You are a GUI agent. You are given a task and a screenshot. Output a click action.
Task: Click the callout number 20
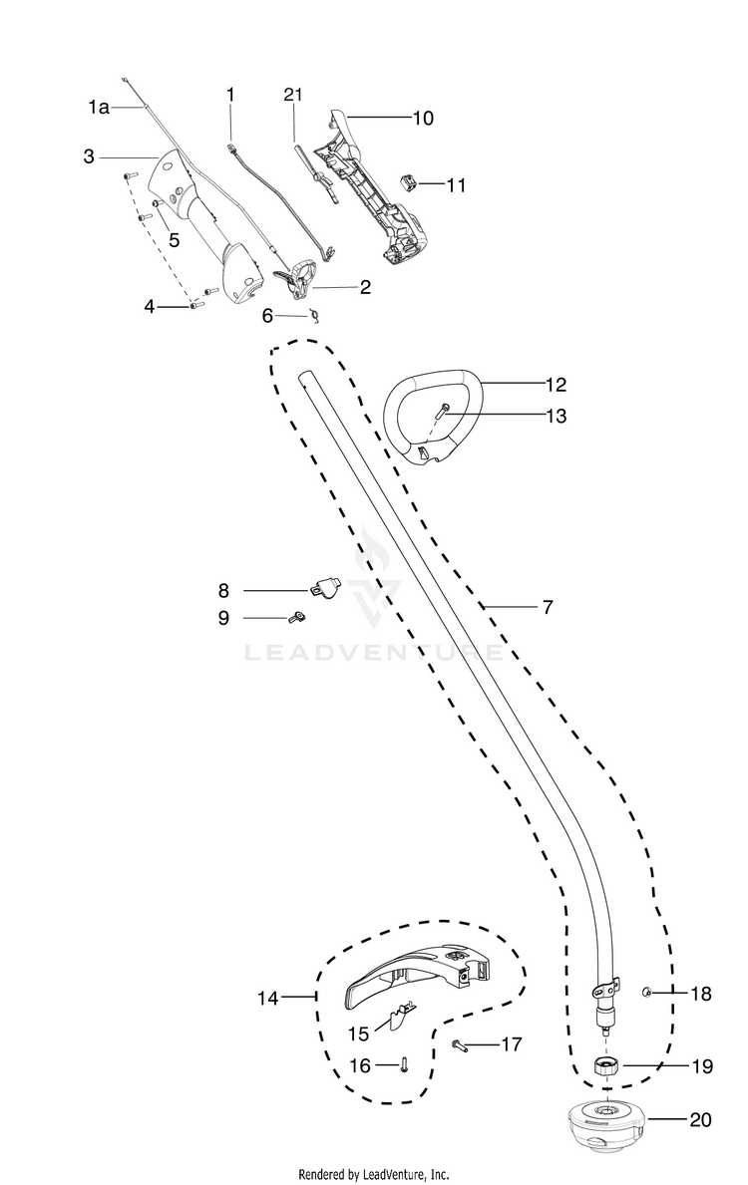pos(701,1119)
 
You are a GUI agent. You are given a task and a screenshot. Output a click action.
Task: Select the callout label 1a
pos(98,107)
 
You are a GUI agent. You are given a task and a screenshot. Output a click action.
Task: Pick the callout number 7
pos(548,606)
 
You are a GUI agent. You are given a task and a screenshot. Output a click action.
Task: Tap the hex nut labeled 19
pos(604,1065)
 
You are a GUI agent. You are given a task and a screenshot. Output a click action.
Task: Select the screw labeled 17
pos(460,1044)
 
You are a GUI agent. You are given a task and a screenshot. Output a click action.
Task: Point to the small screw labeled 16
pos(403,1065)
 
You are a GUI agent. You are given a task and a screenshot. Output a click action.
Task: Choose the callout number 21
pos(292,95)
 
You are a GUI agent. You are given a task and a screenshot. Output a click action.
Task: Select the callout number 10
pos(423,118)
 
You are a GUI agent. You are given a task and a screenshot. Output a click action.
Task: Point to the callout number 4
pos(150,307)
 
